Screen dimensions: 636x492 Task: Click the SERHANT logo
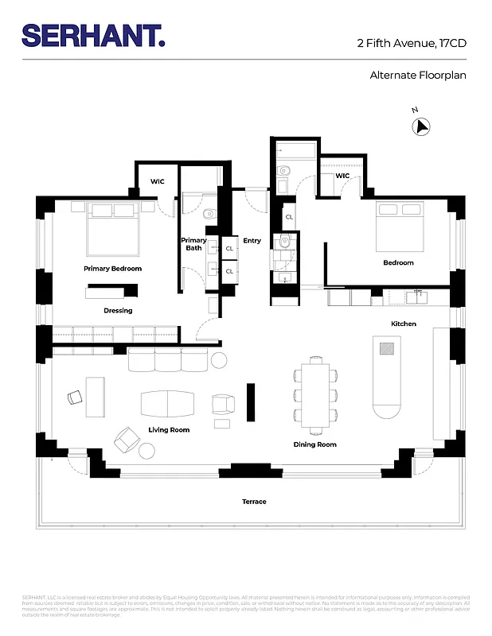point(94,36)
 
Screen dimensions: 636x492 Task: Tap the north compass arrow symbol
point(421,126)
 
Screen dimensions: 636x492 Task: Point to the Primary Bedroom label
point(112,269)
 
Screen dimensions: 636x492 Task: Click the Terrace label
point(254,502)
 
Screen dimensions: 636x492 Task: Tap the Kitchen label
point(403,324)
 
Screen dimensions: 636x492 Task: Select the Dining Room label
point(315,444)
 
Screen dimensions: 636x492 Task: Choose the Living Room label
point(169,430)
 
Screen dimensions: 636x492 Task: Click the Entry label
point(252,241)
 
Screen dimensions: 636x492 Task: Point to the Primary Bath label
point(193,244)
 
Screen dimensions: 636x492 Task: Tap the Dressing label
point(118,311)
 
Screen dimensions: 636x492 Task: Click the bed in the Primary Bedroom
point(112,227)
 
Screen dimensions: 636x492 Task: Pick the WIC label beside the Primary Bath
point(158,182)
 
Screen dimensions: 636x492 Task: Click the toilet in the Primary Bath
point(209,213)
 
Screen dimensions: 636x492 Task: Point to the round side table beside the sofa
point(219,361)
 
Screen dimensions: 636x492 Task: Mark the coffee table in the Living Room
point(166,404)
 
